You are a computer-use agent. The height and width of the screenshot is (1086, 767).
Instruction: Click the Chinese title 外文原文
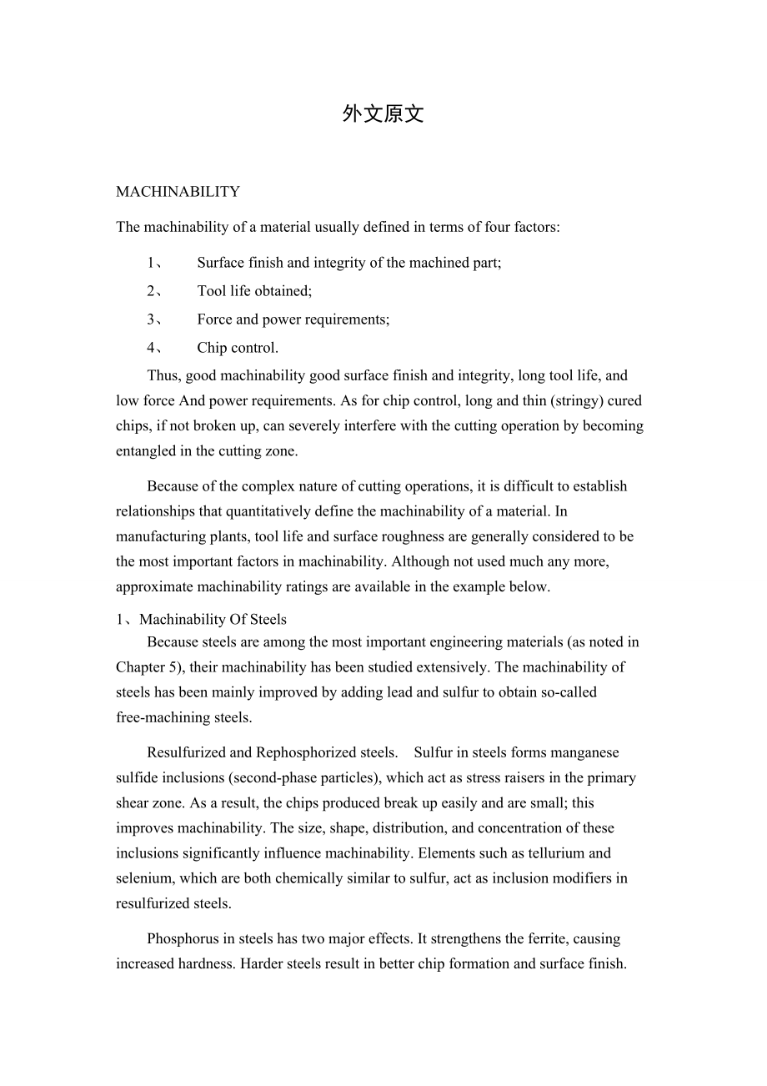(383, 115)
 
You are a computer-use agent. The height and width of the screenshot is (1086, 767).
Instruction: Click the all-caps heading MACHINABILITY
(178, 192)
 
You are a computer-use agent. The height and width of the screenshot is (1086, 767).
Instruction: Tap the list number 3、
(154, 319)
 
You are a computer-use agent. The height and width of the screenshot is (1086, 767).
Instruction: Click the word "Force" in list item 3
(214, 319)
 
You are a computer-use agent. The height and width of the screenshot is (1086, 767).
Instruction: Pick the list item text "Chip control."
(238, 348)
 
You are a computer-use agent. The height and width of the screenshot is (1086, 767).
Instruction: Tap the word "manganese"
(584, 752)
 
